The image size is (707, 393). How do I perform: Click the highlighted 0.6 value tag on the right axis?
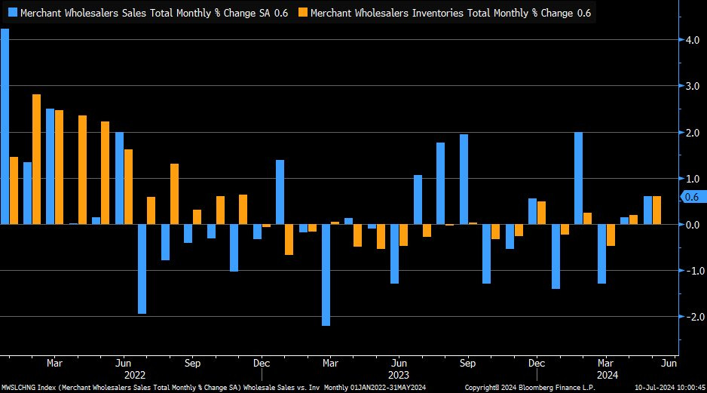[692, 197]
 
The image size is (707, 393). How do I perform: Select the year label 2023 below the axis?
[399, 373]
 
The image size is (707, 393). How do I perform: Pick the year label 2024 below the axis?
[607, 373]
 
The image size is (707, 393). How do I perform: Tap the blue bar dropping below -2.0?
[326, 275]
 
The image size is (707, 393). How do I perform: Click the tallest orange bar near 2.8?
[36, 159]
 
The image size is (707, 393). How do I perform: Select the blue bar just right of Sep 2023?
[486, 253]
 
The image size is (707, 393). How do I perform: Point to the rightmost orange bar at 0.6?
[656, 210]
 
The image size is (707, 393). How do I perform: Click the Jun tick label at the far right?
[669, 362]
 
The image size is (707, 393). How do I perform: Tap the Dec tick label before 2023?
[261, 362]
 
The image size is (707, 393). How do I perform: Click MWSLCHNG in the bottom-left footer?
[18, 388]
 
